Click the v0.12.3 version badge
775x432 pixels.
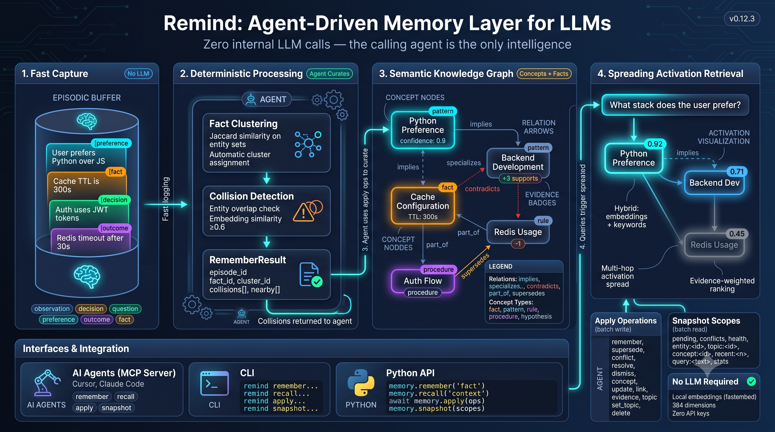[x=741, y=19]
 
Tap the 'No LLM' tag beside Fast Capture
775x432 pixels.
[x=138, y=74]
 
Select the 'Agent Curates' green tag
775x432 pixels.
[x=329, y=74]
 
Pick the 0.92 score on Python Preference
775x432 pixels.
[x=655, y=144]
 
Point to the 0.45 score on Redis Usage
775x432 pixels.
[x=737, y=233]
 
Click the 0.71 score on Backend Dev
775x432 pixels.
[x=737, y=172]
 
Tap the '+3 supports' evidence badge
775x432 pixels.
[x=520, y=178]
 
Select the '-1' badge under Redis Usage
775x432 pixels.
[x=518, y=244]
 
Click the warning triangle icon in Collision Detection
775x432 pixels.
[x=303, y=212]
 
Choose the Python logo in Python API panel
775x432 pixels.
[x=361, y=382]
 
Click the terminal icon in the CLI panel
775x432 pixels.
[x=214, y=383]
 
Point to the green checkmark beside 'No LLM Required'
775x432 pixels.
[x=751, y=382]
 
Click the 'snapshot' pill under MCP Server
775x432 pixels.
[x=116, y=408]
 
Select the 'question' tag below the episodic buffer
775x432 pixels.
[x=125, y=309]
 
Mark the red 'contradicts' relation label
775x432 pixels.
[x=482, y=189]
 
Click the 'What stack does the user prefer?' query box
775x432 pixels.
[x=675, y=105]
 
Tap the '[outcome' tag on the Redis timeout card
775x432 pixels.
[x=115, y=228]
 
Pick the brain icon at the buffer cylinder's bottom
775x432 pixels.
[x=87, y=277]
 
